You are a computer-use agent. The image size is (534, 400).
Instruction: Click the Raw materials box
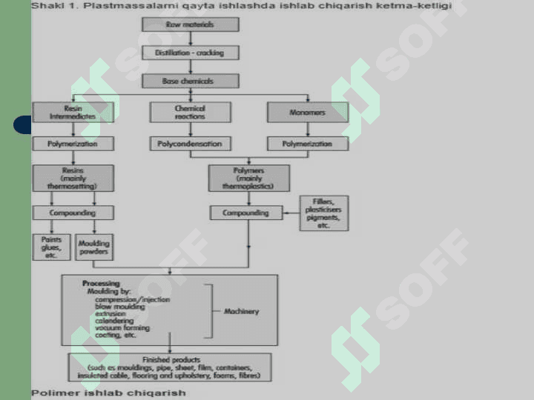click(x=190, y=24)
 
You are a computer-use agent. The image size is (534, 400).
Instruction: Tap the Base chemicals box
click(x=190, y=80)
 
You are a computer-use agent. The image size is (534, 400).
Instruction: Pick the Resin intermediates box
click(x=73, y=112)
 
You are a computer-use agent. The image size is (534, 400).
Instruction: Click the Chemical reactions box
click(x=190, y=112)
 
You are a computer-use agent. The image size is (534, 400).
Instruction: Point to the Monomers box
click(x=307, y=112)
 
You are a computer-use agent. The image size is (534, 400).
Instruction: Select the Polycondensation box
click(x=190, y=144)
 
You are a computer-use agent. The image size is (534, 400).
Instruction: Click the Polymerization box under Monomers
click(x=307, y=144)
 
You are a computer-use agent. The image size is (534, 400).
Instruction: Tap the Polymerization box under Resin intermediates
click(x=73, y=144)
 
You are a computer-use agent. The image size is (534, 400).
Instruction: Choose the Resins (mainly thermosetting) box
click(x=73, y=178)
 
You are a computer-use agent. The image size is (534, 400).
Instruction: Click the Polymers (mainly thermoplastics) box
click(x=248, y=178)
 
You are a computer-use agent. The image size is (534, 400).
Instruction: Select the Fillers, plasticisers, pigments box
click(x=323, y=213)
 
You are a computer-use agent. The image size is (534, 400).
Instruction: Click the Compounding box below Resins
click(x=73, y=213)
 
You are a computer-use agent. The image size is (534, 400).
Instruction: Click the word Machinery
click(x=242, y=311)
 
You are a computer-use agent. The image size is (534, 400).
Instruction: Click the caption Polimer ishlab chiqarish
click(x=108, y=392)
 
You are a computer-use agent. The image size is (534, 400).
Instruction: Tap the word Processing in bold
click(x=100, y=284)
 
